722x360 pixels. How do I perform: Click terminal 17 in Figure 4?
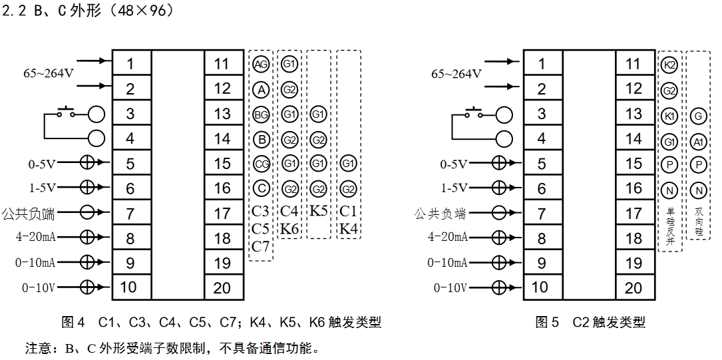[x=222, y=214]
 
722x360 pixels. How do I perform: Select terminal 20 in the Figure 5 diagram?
[x=634, y=287]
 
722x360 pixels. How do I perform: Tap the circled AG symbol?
[x=262, y=64]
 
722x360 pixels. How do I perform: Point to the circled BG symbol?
[x=262, y=114]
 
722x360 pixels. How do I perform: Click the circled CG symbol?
[x=262, y=164]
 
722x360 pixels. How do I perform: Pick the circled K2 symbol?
[x=670, y=65]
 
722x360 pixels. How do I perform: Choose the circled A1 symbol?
[x=698, y=142]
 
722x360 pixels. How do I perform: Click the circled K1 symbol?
[x=670, y=116]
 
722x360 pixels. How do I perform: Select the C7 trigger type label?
[x=261, y=246]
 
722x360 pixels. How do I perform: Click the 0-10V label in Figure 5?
[x=450, y=287]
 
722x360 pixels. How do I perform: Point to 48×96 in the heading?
[x=142, y=11]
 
